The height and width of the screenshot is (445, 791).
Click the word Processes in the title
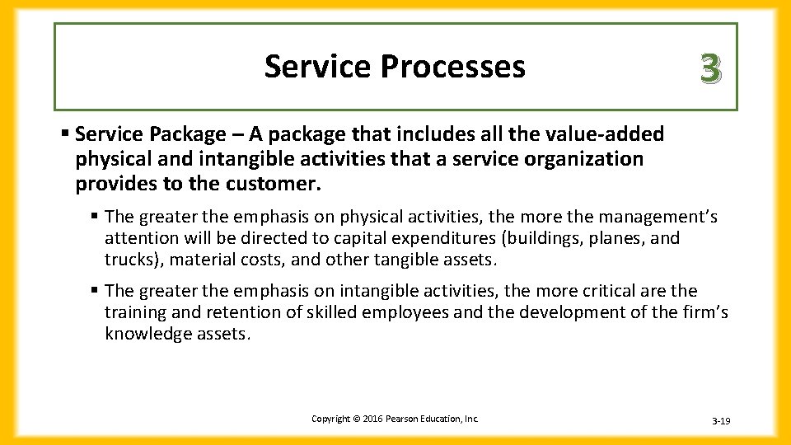pos(452,67)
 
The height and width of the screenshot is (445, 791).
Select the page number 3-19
pos(721,421)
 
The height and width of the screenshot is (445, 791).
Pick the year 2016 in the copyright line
pos(366,419)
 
